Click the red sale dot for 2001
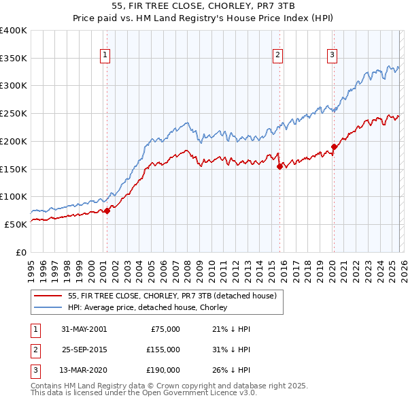click(x=107, y=211)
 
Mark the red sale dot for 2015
click(x=279, y=166)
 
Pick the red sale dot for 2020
click(x=334, y=146)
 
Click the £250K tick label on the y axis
click(x=14, y=114)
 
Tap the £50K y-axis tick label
click(x=16, y=224)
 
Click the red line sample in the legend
click(x=48, y=296)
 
